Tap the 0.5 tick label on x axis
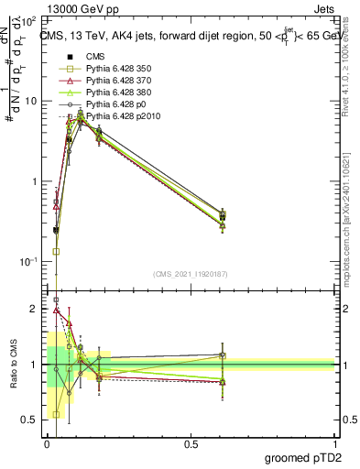click(x=191, y=444)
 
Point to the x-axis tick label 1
click(x=334, y=444)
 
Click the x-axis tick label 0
click(x=47, y=444)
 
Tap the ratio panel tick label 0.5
click(x=31, y=420)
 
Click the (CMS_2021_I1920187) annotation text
click(x=191, y=274)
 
